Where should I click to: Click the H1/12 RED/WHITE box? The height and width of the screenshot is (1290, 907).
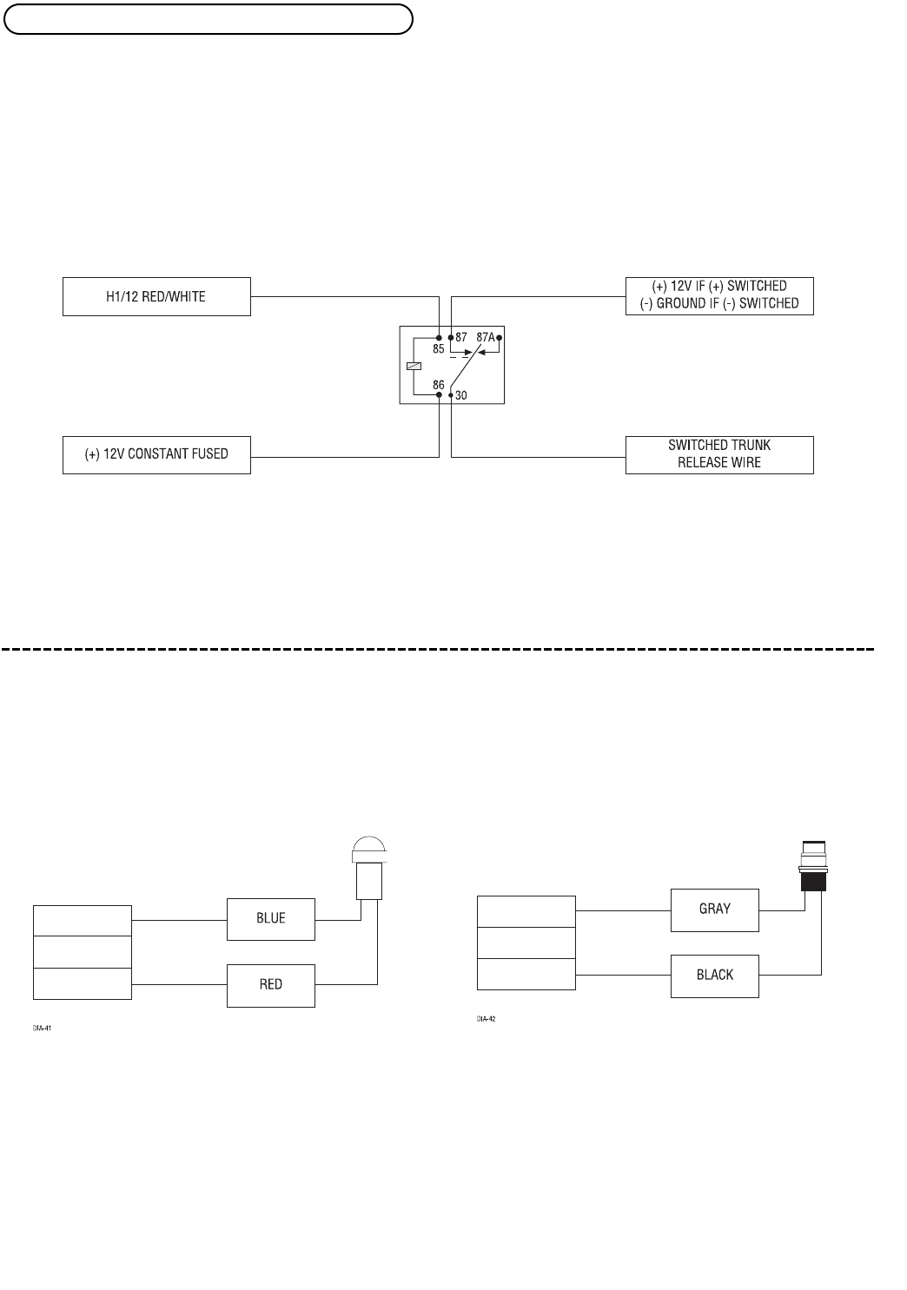tap(156, 297)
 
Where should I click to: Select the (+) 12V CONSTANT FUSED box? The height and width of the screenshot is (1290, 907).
tap(156, 454)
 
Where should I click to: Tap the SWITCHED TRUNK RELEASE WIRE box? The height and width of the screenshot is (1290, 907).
tap(719, 454)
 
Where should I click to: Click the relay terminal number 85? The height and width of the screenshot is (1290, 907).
tap(438, 349)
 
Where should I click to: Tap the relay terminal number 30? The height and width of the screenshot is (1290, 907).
tap(461, 395)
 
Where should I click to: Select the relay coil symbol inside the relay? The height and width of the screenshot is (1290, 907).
tap(413, 366)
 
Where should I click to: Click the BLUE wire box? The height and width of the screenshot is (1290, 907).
tap(271, 919)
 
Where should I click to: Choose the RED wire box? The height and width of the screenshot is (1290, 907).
tap(271, 985)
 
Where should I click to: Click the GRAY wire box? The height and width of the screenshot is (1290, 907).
tap(715, 910)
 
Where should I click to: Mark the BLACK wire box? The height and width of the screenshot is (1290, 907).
tap(715, 976)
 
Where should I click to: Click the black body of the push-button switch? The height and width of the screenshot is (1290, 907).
tap(813, 881)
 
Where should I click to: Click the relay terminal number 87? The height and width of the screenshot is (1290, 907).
tap(461, 336)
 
